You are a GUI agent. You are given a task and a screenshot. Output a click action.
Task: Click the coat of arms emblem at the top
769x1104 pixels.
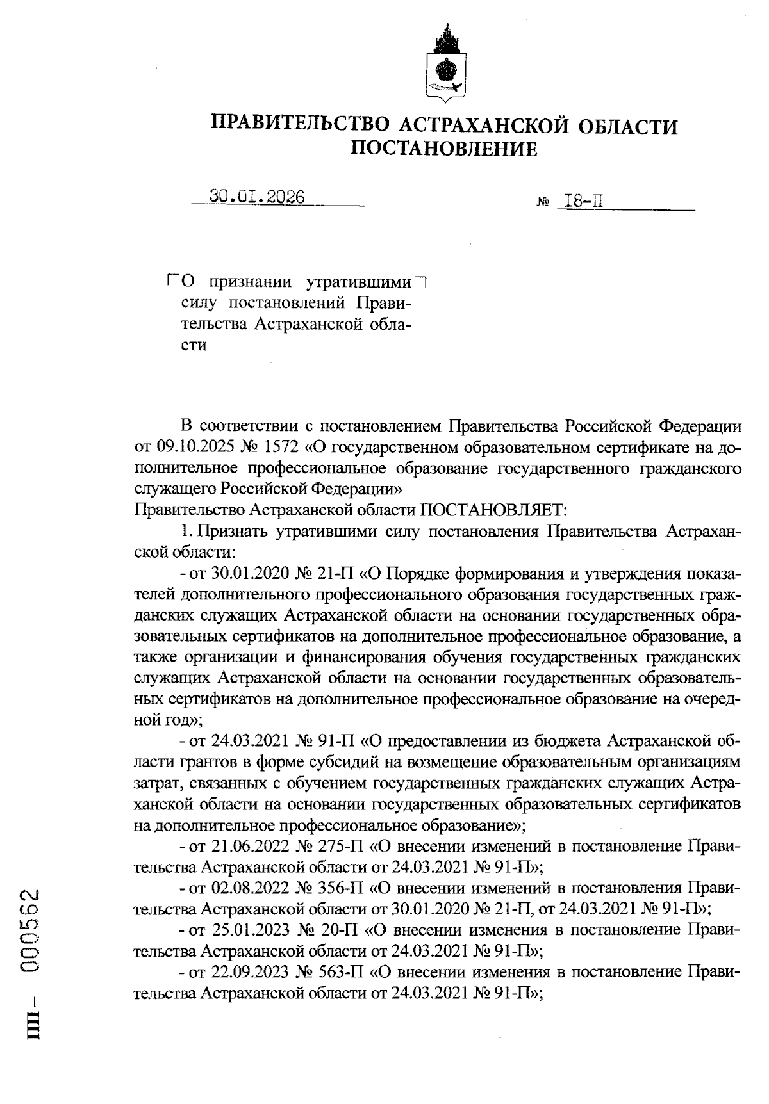coord(446,64)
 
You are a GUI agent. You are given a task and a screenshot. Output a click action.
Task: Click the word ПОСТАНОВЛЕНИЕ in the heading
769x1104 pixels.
coord(444,149)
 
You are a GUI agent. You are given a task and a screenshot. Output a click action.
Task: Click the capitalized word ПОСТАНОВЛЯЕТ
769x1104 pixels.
coord(492,510)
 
